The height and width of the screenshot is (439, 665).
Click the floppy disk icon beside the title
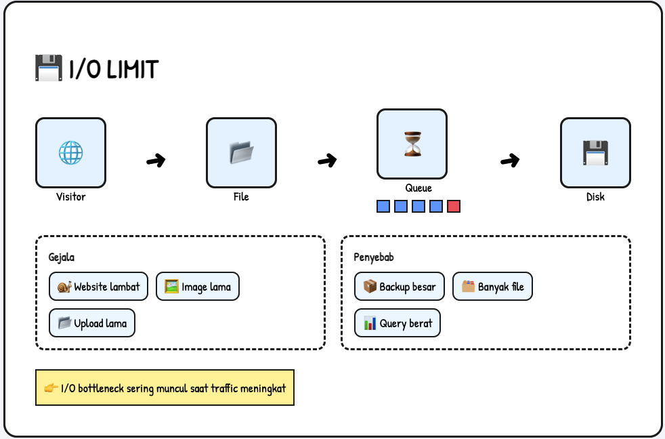tap(48, 68)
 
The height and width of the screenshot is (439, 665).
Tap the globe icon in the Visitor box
tap(70, 152)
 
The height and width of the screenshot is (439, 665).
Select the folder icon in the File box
tap(241, 152)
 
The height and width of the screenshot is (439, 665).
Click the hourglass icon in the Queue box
tap(412, 144)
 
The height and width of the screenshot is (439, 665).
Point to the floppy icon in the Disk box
tap(595, 152)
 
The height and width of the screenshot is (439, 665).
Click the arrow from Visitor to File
tap(156, 161)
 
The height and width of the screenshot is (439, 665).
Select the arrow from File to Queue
tap(327, 161)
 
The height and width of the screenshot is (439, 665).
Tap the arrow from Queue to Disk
tap(510, 161)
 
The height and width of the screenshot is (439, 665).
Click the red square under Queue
tap(454, 206)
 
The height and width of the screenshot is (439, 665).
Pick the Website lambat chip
tap(98, 287)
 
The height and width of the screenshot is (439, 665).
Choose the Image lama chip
tap(197, 287)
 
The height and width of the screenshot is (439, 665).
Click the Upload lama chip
tap(92, 323)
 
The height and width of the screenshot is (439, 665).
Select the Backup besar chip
tap(399, 287)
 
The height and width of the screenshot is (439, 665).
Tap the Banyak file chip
tap(492, 287)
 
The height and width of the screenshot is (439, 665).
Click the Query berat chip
tap(398, 323)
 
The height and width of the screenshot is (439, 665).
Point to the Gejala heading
tap(61, 257)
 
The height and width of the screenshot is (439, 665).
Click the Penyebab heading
tap(374, 257)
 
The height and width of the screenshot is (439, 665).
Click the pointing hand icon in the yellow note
tap(51, 388)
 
